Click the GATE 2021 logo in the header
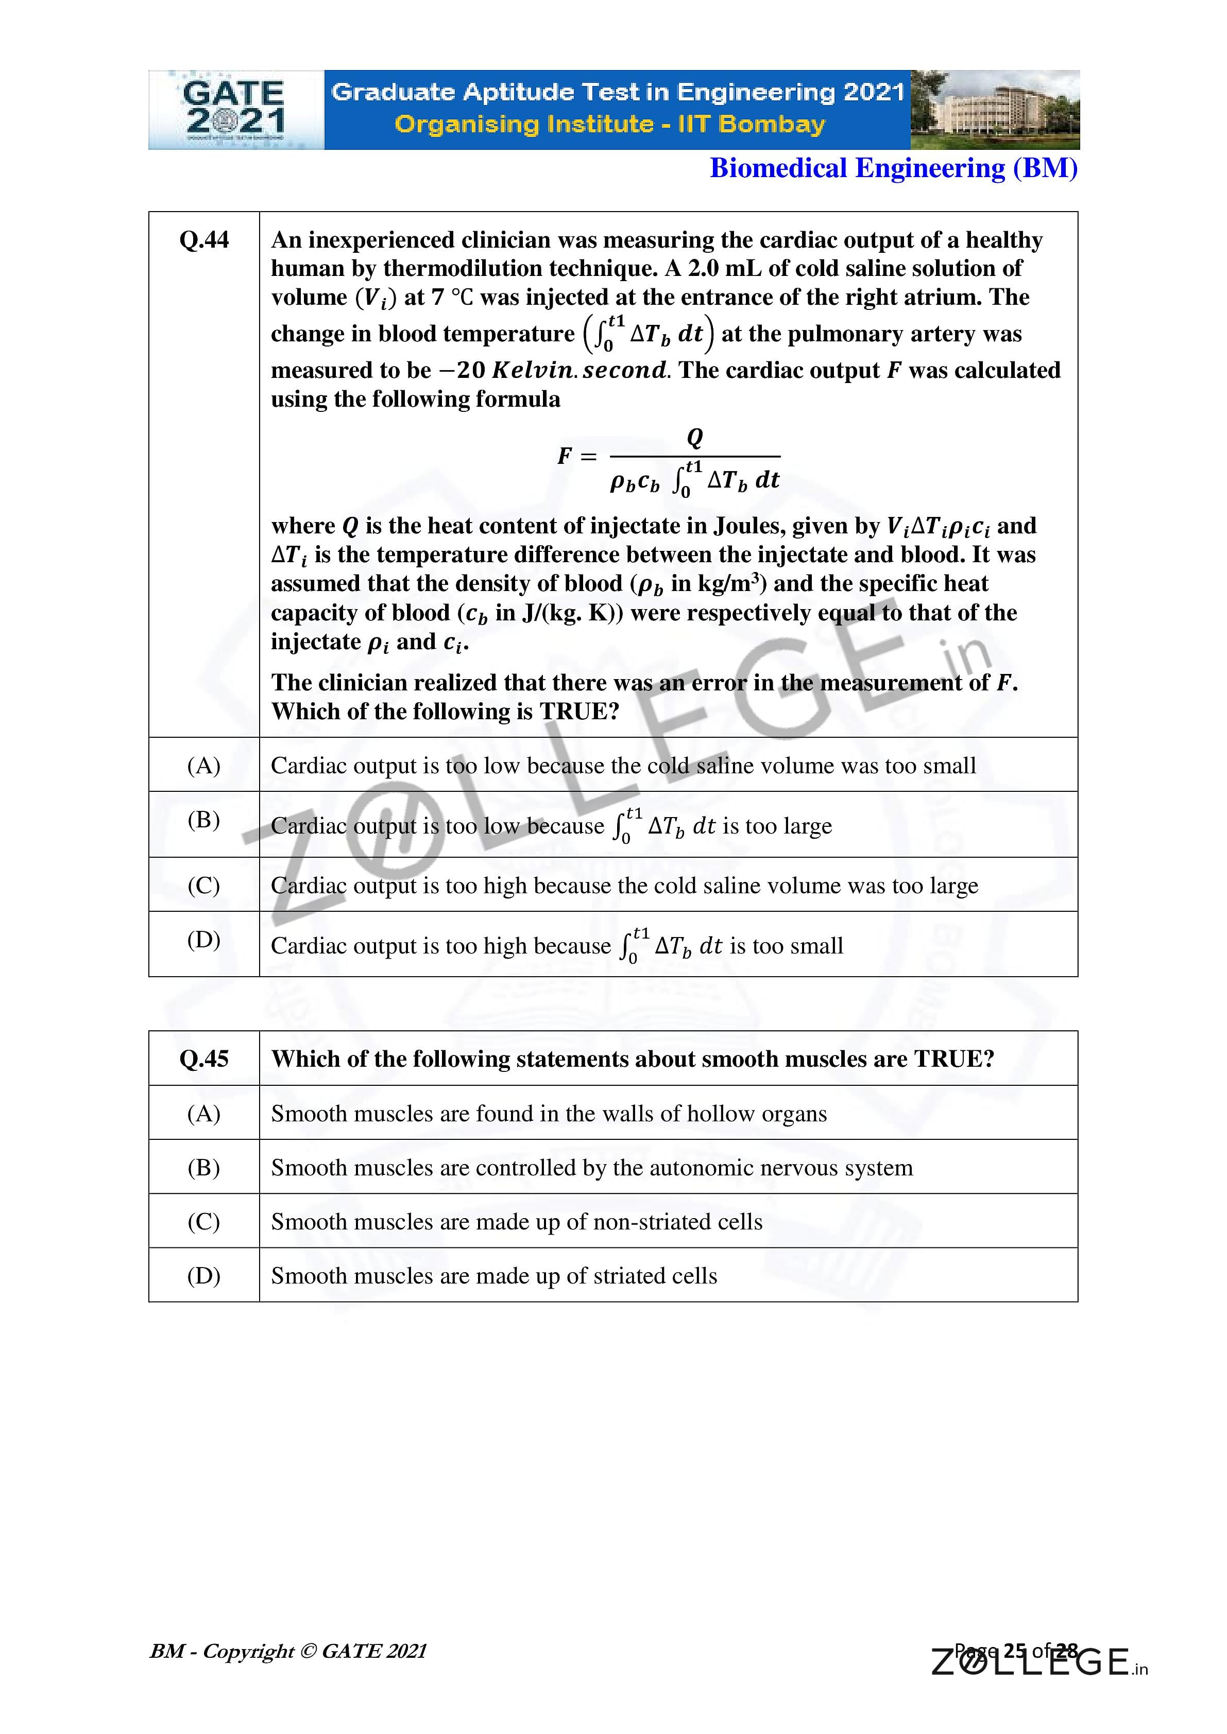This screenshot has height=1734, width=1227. click(235, 110)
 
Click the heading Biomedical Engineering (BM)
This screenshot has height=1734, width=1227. click(893, 168)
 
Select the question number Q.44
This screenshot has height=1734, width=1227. click(204, 240)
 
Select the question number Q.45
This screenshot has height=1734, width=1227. click(204, 1059)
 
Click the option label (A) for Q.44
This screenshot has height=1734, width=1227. click(204, 765)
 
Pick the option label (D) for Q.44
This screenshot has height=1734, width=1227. click(204, 940)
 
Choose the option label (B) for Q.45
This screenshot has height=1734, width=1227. click(204, 1168)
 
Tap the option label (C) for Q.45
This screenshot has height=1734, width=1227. click(204, 1221)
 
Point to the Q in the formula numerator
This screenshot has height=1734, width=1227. click(694, 437)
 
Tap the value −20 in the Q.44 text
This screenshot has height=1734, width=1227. click(462, 371)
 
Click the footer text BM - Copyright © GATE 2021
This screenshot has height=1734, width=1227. click(288, 1651)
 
